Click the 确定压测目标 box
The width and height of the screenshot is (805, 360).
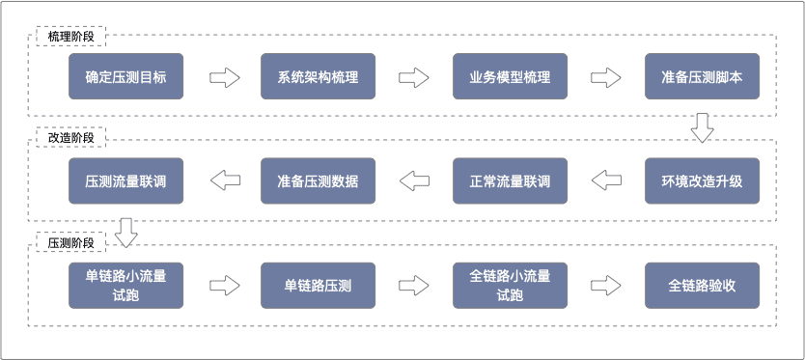pos(125,77)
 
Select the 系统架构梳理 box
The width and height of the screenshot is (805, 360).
pos(318,77)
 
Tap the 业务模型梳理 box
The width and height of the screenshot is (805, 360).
pos(510,77)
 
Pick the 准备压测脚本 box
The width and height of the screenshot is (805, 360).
pos(702,77)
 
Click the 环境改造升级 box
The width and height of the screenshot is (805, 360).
pos(702,181)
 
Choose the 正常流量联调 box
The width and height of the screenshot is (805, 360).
pos(510,181)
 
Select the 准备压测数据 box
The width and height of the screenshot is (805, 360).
pos(318,181)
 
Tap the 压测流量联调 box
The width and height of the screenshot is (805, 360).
pos(125,181)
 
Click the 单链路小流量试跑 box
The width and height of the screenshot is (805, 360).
pos(125,286)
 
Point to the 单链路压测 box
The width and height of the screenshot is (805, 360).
pos(318,286)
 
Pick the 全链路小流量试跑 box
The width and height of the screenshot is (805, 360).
pos(510,286)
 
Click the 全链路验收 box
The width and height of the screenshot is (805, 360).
pos(702,286)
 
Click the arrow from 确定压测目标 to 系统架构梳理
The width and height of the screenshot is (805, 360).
pos(223,77)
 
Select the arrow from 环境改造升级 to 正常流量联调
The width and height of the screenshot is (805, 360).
pos(607,180)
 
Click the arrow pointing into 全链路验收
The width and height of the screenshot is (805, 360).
pos(607,286)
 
